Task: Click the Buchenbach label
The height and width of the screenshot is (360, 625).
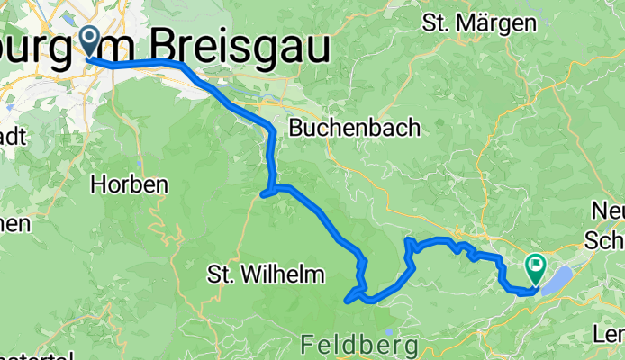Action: pyautogui.click(x=354, y=129)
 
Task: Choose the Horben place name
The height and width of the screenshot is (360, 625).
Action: pyautogui.click(x=130, y=184)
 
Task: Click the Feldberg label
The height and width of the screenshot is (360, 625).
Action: pyautogui.click(x=359, y=344)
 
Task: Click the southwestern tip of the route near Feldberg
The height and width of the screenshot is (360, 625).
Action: pyautogui.click(x=348, y=301)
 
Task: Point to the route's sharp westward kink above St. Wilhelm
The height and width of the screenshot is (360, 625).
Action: pyautogui.click(x=263, y=193)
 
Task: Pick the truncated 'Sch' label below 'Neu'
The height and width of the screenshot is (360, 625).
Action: pyautogui.click(x=604, y=240)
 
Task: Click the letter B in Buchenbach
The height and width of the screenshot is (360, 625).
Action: pyautogui.click(x=295, y=129)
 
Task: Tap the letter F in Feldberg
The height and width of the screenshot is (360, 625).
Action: pyautogui.click(x=306, y=344)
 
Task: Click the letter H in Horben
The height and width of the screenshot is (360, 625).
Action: pyautogui.click(x=98, y=184)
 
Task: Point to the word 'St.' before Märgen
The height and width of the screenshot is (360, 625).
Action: pyautogui.click(x=439, y=23)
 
